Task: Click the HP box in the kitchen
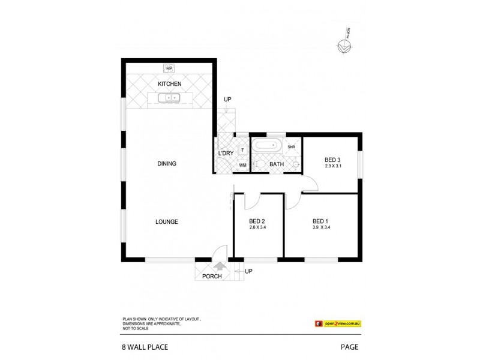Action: pyautogui.click(x=169, y=68)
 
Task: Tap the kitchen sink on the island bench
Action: pyautogui.click(x=169, y=97)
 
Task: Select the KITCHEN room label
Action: pyautogui.click(x=169, y=84)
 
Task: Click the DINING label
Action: pyautogui.click(x=166, y=164)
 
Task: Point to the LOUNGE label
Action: pyautogui.click(x=167, y=221)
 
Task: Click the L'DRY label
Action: pyautogui.click(x=226, y=154)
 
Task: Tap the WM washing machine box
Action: pyautogui.click(x=243, y=165)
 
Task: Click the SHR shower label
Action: pyautogui.click(x=292, y=147)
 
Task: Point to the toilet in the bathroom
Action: pyautogui.click(x=258, y=164)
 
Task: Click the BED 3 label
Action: pyautogui.click(x=332, y=159)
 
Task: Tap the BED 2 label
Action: pyautogui.click(x=257, y=221)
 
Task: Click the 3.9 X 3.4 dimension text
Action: pyautogui.click(x=322, y=227)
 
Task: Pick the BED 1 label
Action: pyautogui.click(x=321, y=220)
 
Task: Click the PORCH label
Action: pyautogui.click(x=212, y=276)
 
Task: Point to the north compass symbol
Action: pyautogui.click(x=344, y=45)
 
